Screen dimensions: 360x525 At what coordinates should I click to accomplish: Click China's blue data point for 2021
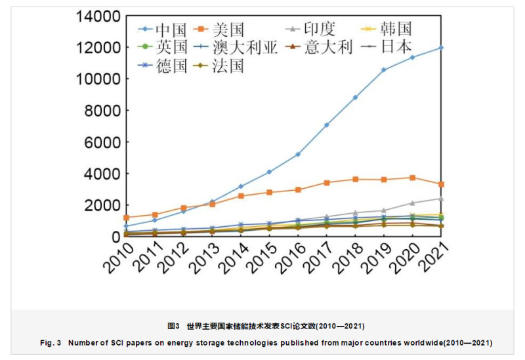[x=441, y=47]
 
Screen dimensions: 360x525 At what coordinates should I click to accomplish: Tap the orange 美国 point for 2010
[x=126, y=218]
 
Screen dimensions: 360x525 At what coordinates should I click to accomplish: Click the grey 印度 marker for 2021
[x=441, y=199]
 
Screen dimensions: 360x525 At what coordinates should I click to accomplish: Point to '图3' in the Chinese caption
[x=173, y=326]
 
